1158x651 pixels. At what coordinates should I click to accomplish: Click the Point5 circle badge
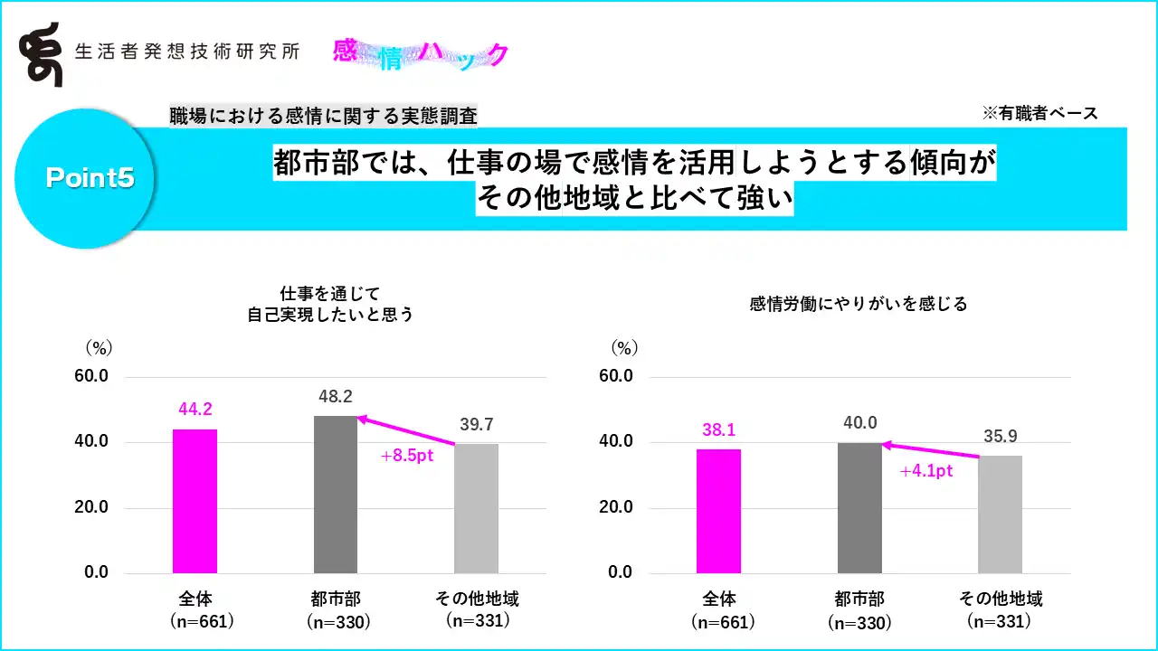[x=90, y=178]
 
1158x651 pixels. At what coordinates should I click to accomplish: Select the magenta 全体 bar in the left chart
[x=195, y=501]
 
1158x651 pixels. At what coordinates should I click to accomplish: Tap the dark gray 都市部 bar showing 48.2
[x=336, y=495]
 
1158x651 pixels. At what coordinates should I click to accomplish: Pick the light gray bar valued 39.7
[x=476, y=508]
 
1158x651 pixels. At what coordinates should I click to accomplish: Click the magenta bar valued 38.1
[x=719, y=511]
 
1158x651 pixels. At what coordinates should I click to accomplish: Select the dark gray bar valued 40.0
[x=859, y=507]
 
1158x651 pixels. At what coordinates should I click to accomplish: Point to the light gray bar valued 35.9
[x=1000, y=514]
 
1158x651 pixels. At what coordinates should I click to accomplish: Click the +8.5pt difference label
[x=408, y=456]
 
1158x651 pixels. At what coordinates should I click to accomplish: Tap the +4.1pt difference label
[x=926, y=471]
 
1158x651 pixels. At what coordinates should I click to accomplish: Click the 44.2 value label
[x=195, y=410]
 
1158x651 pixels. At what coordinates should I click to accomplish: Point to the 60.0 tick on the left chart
[x=90, y=376]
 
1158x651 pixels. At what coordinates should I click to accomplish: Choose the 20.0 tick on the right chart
[x=615, y=507]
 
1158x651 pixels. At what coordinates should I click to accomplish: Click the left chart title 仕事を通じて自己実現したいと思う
[x=330, y=304]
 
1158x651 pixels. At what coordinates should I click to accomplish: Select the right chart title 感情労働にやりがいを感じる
[x=859, y=304]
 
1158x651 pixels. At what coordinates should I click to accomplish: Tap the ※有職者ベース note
[x=1039, y=113]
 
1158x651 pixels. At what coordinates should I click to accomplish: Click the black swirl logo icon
[x=43, y=54]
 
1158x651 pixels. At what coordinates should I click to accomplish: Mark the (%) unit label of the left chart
[x=98, y=347]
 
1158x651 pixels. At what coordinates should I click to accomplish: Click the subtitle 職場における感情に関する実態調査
[x=323, y=116]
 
